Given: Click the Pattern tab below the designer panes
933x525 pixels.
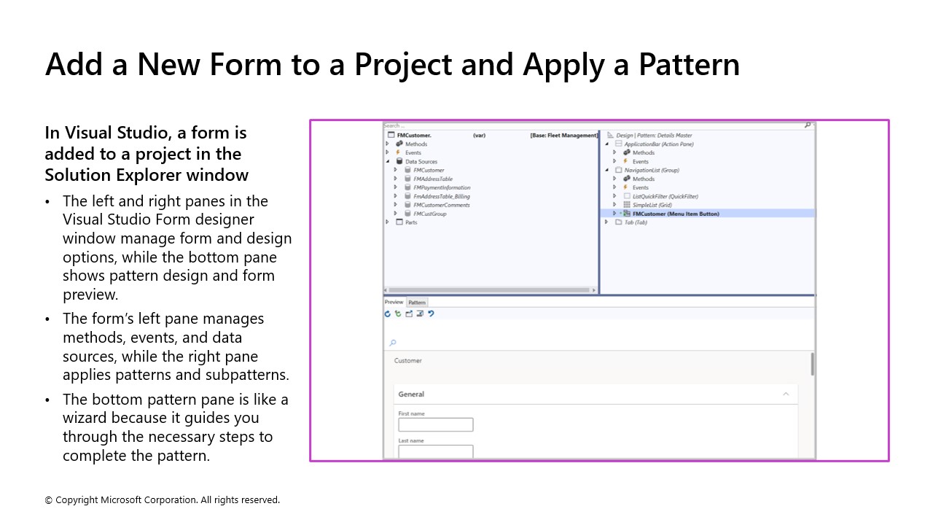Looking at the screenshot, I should click(x=417, y=303).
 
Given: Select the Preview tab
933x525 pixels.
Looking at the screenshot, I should click(x=394, y=303).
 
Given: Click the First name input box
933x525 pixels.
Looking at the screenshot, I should click(x=436, y=424).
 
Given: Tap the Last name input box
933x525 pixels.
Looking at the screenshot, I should click(x=436, y=451).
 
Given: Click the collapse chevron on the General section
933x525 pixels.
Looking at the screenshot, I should click(x=786, y=394).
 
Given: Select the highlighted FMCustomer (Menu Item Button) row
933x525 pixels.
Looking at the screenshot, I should click(x=676, y=214).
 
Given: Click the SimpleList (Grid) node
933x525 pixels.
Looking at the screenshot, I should click(x=652, y=205).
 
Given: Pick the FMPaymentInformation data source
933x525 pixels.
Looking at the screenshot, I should click(x=442, y=187).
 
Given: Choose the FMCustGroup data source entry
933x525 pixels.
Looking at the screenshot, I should click(x=429, y=214).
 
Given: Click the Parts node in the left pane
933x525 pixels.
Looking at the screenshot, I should click(x=411, y=222).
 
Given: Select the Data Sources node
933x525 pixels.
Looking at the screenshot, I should click(x=421, y=162).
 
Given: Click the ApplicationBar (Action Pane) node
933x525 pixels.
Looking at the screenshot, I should click(x=658, y=144).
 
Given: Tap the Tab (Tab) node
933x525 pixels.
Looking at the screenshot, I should click(x=636, y=222).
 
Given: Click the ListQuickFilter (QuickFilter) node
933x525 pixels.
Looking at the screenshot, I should click(x=665, y=196).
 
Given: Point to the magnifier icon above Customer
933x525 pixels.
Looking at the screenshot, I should click(x=393, y=343).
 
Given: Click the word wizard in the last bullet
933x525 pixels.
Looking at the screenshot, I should click(x=86, y=419).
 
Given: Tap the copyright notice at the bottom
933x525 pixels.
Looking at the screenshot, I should click(x=162, y=500).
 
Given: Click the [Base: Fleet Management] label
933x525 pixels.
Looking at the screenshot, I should click(x=563, y=136).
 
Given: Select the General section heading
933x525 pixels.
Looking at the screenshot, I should click(x=411, y=394).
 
